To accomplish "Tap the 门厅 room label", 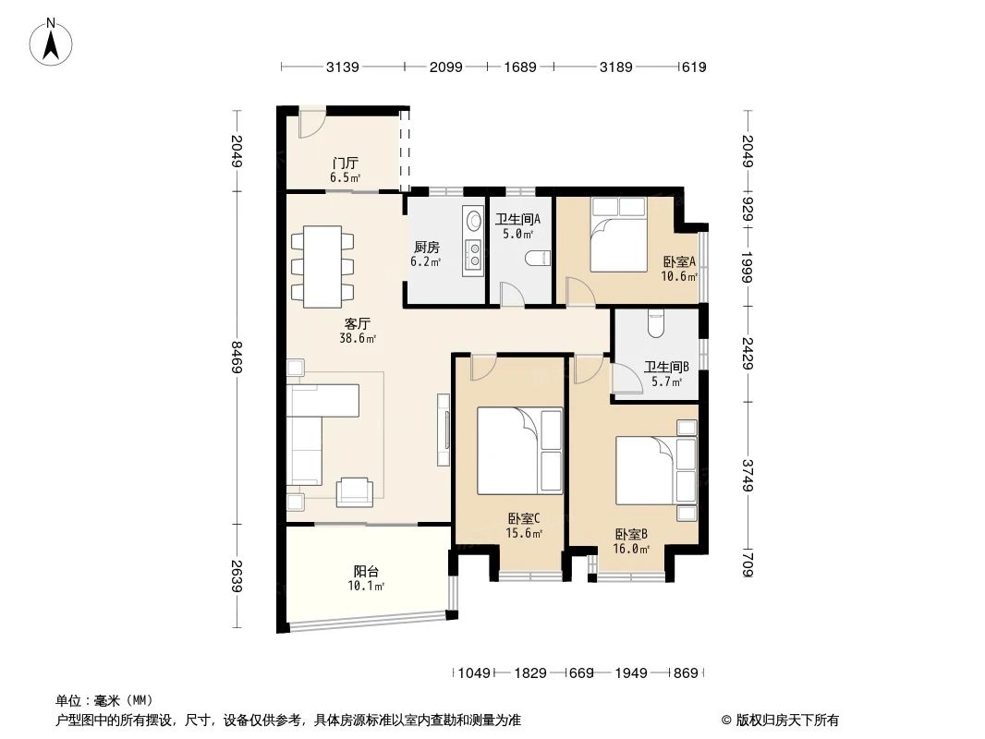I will click(x=346, y=164).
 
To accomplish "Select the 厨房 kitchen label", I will click(x=426, y=247).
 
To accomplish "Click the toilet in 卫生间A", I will click(x=536, y=259).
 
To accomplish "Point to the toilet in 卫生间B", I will click(x=656, y=324).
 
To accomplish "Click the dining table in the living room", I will click(x=322, y=266).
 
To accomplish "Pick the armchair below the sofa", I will click(x=355, y=491).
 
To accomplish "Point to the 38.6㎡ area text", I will click(x=358, y=339).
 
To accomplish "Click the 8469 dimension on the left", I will click(x=237, y=356).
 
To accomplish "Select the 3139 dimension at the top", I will click(x=342, y=67).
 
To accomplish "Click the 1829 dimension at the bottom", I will click(x=530, y=673).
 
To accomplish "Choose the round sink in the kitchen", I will click(x=474, y=221).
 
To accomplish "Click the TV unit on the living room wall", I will click(x=444, y=430).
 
